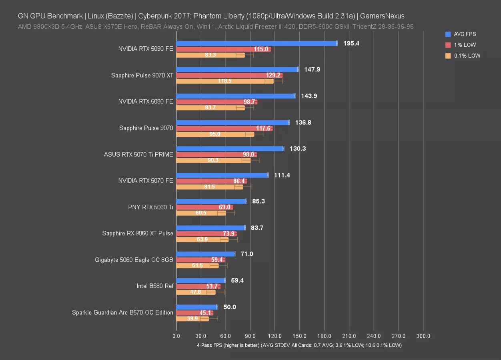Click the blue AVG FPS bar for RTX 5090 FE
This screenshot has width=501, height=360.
pos(256,43)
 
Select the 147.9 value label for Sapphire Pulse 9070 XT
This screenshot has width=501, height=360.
pos(312,69)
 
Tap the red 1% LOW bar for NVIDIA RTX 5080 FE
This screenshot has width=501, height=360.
pos(216,102)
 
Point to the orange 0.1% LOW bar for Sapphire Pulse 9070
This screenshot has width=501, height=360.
pos(215,134)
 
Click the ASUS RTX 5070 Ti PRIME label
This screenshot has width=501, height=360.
pos(138,154)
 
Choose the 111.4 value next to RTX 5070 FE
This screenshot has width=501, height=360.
pos(282,175)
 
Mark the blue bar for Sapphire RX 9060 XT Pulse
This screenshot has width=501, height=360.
pos(210,228)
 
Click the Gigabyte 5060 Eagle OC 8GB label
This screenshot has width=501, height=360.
pos(134,260)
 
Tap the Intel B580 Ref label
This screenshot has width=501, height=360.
pos(155,286)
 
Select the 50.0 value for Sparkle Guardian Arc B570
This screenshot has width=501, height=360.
pos(230,307)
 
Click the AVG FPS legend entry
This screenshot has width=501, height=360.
pos(465,34)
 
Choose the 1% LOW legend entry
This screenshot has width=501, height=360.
pos(465,45)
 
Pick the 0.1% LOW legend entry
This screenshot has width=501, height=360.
pos(467,56)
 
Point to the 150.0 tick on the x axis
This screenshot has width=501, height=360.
pos(299,336)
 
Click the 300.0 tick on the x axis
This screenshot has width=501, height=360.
pos(423,336)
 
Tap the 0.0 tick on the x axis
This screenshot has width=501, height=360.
pos(176,336)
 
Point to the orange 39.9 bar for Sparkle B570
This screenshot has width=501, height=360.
pos(192,319)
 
